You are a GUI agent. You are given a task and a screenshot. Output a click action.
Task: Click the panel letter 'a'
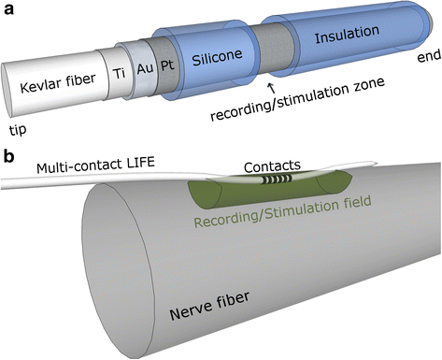tap(8, 9)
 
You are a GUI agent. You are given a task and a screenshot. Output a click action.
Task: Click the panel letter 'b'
tap(9, 155)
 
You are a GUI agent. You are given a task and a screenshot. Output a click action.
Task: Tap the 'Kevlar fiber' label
tap(58, 82)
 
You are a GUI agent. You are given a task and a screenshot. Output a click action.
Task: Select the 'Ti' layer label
tap(119, 73)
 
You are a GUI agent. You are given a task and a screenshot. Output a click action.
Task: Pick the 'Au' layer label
tap(145, 68)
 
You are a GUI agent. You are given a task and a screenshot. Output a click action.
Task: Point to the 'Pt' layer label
tap(167, 65)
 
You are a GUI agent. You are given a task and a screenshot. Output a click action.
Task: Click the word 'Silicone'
tap(217, 57)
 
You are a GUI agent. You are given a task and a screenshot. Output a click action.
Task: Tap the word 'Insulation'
tap(347, 34)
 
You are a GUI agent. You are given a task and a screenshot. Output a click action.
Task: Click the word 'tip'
tap(18, 130)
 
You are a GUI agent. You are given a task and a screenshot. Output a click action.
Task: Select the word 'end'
tap(429, 55)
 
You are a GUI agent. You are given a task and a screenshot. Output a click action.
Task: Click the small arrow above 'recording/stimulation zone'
tap(272, 88)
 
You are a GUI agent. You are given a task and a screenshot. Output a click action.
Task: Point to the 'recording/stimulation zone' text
tap(297, 99)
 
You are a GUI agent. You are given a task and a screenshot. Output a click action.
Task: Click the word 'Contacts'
tap(272, 167)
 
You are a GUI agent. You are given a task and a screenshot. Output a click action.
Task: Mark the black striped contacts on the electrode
tap(276, 179)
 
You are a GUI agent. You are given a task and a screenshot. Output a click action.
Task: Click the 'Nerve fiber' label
tap(209, 306)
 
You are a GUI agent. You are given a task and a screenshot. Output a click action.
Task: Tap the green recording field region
tap(270, 191)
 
